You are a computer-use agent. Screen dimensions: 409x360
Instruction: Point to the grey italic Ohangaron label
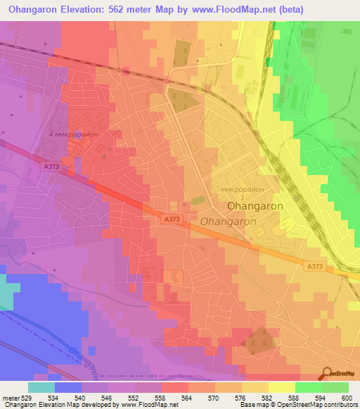click(x=229, y=221)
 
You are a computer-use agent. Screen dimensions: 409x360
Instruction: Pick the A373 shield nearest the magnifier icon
click(x=315, y=266)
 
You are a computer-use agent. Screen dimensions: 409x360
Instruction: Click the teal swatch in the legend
click(x=41, y=387)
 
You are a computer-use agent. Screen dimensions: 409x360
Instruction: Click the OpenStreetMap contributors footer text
click(x=319, y=405)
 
